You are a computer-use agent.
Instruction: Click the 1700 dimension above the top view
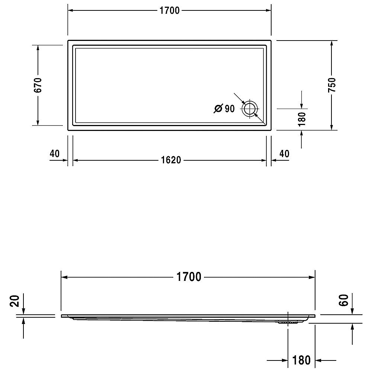point(169,11)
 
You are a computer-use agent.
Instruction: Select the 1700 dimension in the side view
point(189,277)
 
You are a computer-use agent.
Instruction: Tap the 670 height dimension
point(38,85)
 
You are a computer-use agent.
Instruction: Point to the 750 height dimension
point(332,85)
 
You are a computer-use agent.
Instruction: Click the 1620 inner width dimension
point(171,160)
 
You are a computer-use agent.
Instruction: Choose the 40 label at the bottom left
point(55,154)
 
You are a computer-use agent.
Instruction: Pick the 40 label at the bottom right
point(284,154)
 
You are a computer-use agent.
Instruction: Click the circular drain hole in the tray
point(250,109)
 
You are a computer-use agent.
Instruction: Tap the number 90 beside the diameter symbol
point(230,109)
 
